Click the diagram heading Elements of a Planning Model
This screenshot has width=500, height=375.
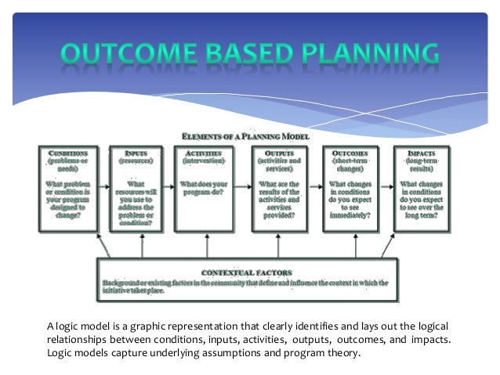[245, 136]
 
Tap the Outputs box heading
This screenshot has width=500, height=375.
[279, 153]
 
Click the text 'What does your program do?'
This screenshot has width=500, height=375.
[204, 189]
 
